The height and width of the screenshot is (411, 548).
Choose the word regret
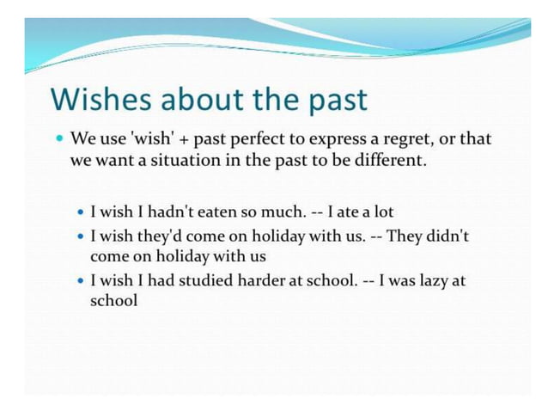coord(406,139)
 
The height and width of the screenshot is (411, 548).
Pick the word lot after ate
coord(382,212)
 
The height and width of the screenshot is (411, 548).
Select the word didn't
coord(448,236)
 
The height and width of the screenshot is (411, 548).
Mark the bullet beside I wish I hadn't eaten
coord(82,212)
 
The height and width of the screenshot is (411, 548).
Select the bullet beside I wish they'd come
coord(82,236)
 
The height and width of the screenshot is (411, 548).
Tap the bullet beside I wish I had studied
coord(82,280)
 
